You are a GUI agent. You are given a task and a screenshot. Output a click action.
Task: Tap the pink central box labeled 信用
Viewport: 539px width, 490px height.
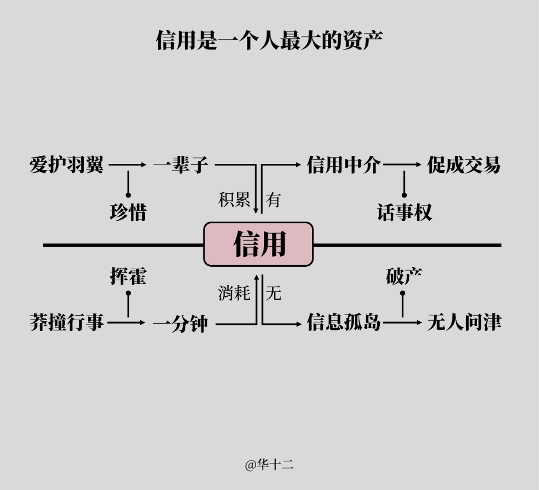pos(259,244)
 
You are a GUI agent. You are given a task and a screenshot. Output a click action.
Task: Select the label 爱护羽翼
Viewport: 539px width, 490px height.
pos(66,164)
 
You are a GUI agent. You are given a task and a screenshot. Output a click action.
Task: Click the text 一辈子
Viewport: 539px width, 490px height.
pos(181,164)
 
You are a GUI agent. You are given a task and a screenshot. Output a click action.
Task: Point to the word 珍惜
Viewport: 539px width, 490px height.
pos(128,212)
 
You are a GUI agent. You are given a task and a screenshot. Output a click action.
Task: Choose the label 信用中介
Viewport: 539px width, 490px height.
pos(344,164)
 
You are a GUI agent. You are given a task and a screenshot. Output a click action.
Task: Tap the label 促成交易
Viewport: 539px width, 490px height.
pos(464,164)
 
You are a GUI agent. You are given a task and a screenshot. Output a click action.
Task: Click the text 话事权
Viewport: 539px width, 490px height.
pos(404,212)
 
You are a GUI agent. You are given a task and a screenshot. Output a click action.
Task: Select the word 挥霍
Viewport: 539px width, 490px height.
pos(128,276)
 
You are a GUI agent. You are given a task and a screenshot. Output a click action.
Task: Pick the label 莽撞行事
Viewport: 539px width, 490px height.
pos(66,323)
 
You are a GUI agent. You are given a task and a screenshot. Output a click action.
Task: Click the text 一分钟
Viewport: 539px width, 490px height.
pos(181,324)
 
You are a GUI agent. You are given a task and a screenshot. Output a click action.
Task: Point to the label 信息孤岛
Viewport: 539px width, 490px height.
pos(344,323)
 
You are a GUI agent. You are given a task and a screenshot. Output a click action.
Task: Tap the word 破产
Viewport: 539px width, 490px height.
pos(404,276)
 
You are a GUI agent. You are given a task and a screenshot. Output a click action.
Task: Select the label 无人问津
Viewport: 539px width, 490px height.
pos(464,323)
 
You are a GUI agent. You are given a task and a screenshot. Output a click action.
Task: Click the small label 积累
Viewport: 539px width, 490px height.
pos(234,199)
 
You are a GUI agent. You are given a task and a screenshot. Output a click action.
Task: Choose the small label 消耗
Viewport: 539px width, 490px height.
pos(234,293)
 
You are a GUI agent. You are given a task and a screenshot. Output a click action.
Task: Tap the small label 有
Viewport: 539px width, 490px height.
pos(273,199)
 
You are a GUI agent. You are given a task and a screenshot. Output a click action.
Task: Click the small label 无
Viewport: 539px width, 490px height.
pos(273,293)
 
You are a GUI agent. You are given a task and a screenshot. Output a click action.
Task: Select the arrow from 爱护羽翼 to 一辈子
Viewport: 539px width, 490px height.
pos(128,164)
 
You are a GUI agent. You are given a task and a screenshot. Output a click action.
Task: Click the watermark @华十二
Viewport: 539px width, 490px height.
pos(269,465)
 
